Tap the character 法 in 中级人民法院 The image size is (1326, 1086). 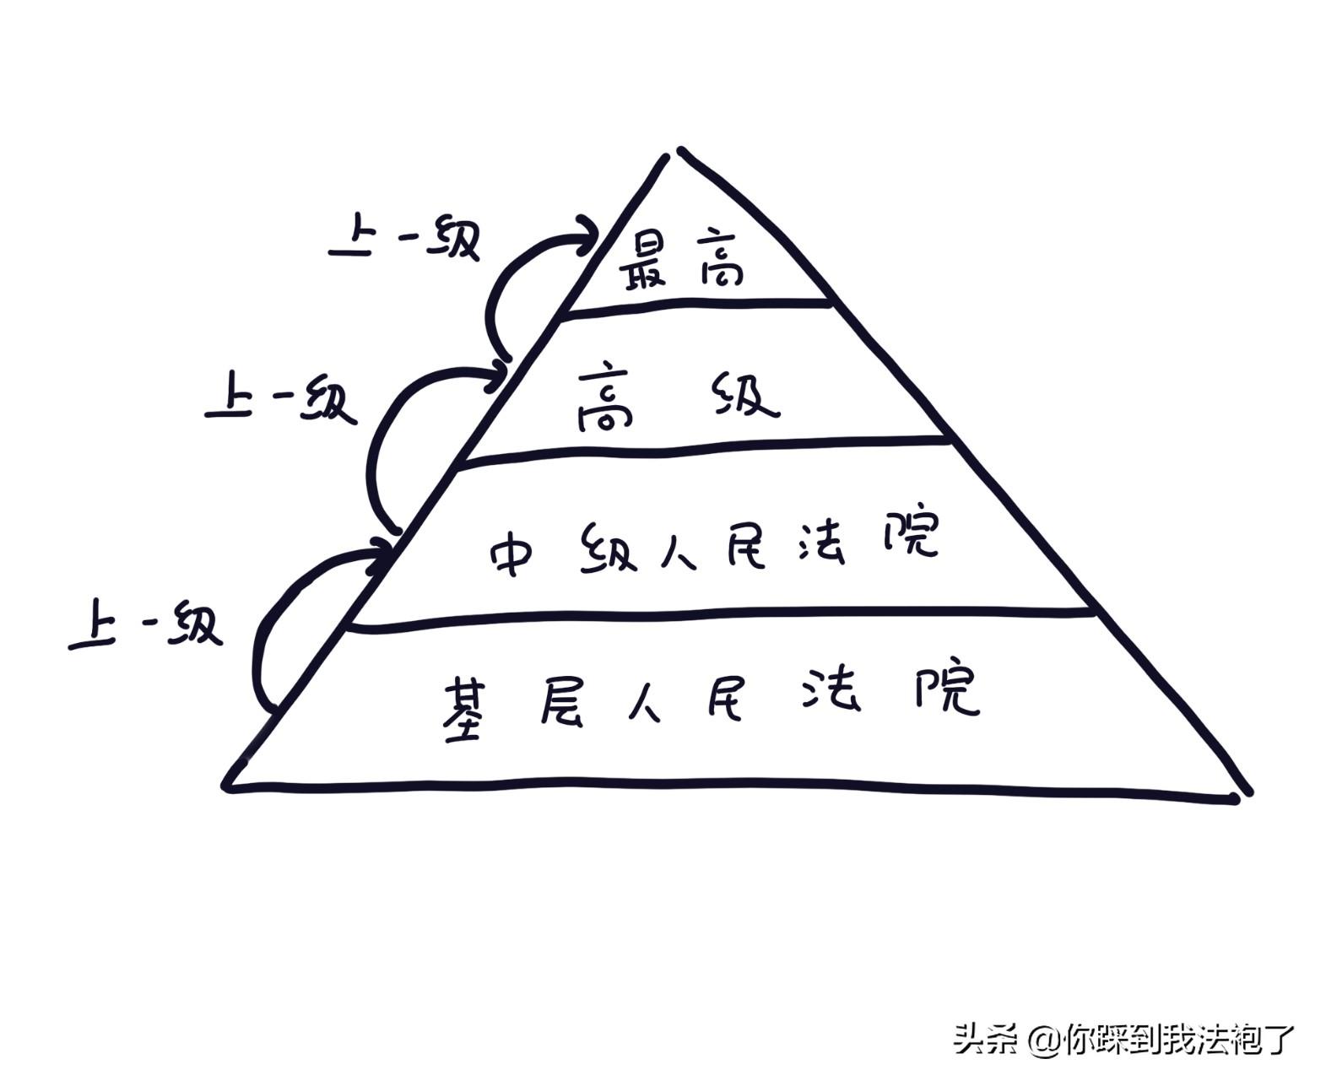tap(820, 540)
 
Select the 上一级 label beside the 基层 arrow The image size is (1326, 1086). tap(145, 626)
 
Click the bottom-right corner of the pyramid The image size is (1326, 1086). tap(1244, 793)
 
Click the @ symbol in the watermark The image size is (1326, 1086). tap(1044, 1040)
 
